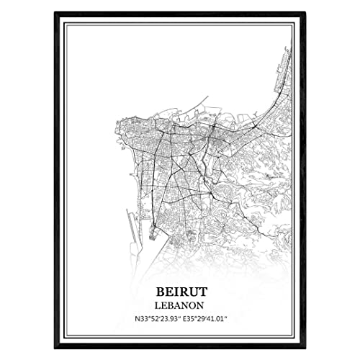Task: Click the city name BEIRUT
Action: (x=180, y=292)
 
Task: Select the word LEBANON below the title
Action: (x=180, y=306)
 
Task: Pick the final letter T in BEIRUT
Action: (x=203, y=292)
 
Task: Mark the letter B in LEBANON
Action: (x=172, y=306)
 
